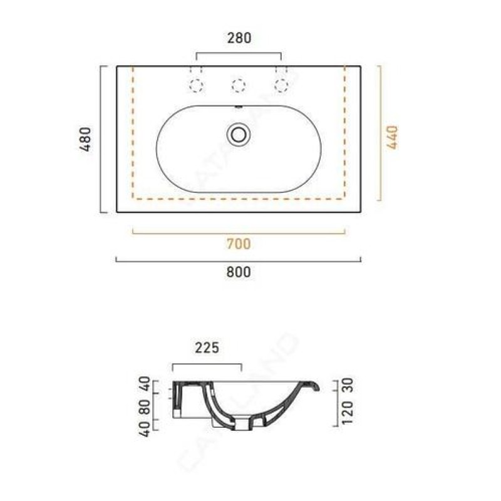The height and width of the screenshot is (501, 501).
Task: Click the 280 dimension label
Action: pyautogui.click(x=239, y=38)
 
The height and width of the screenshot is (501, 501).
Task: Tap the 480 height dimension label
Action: pyautogui.click(x=86, y=139)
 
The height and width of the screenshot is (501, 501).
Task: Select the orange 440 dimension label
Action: pyautogui.click(x=393, y=137)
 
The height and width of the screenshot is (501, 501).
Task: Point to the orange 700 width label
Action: pyautogui.click(x=239, y=244)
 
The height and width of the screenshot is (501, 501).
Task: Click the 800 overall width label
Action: pyautogui.click(x=239, y=272)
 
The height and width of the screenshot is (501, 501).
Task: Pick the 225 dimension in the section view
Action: pyautogui.click(x=207, y=348)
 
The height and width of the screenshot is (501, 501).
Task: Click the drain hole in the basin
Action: pyautogui.click(x=239, y=135)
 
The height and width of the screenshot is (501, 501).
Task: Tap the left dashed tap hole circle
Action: pyautogui.click(x=196, y=86)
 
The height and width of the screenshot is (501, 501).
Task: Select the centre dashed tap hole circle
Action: pyautogui.click(x=239, y=86)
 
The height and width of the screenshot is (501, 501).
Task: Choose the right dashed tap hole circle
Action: pyautogui.click(x=281, y=86)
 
